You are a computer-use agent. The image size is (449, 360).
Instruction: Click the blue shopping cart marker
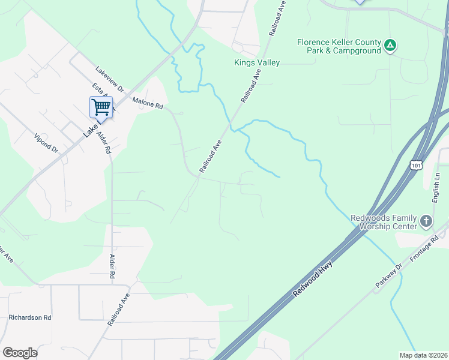click(101, 107)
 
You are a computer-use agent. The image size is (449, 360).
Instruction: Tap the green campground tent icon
click(390, 45)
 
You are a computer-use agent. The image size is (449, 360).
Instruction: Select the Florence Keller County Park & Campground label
click(339, 47)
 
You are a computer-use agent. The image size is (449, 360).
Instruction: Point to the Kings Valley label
click(257, 62)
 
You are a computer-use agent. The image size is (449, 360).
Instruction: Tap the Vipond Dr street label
click(46, 142)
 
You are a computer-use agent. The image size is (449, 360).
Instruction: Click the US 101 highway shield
click(416, 164)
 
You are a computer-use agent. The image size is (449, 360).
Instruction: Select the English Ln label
click(436, 188)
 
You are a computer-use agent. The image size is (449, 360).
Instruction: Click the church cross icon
click(426, 221)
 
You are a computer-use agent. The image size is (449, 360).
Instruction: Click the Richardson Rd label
click(30, 317)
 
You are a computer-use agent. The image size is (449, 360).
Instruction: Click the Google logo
click(20, 353)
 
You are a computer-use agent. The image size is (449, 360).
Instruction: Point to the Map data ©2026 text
click(423, 355)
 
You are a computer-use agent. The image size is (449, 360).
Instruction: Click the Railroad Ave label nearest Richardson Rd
click(118, 309)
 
